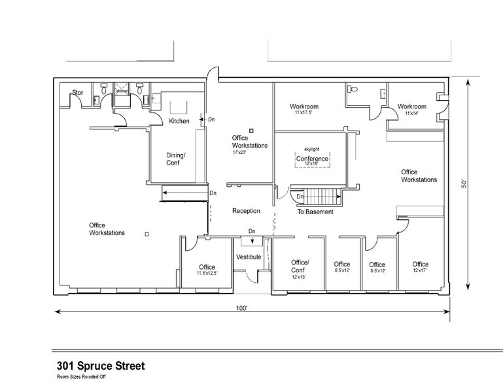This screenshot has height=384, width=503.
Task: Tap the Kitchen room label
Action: pos(179,121)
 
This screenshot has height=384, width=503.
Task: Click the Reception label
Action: pos(246,211)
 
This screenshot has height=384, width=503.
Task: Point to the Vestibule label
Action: pos(249,257)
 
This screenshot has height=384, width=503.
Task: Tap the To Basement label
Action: pos(315,212)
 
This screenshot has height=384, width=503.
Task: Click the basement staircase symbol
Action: pos(321,197)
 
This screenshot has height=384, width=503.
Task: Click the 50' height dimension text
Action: pos(464,185)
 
